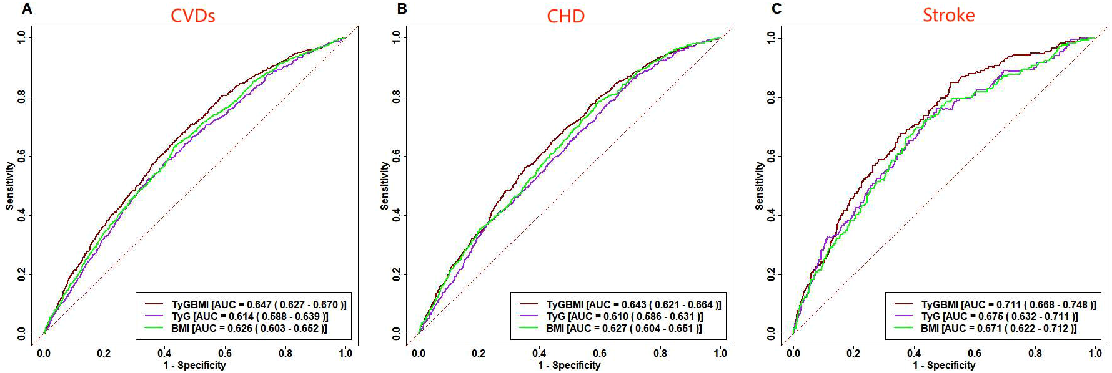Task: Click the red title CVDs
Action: [192, 16]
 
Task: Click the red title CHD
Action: [565, 16]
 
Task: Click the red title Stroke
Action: [948, 15]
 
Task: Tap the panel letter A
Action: [27, 9]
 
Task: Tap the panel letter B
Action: [402, 9]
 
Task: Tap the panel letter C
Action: [777, 9]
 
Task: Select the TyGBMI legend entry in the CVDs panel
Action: [190, 304]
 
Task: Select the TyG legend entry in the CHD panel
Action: [556, 316]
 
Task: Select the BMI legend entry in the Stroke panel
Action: [930, 328]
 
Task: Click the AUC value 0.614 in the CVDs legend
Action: [241, 316]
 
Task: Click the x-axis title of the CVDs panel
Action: [194, 365]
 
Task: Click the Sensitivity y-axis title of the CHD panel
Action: [385, 186]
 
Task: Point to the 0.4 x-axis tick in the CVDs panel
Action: [164, 353]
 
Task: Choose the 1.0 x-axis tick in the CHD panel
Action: [720, 353]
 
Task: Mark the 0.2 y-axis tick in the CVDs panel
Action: [22, 274]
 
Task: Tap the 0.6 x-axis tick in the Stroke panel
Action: [975, 353]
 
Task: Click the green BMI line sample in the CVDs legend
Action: [154, 328]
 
